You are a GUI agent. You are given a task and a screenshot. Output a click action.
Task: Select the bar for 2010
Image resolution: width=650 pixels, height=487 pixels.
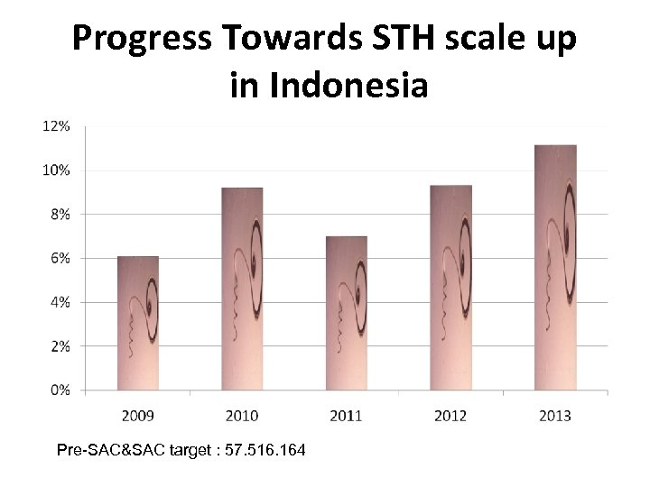coord(242,289)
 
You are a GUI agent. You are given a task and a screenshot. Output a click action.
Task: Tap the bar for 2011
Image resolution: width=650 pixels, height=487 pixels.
coord(347,313)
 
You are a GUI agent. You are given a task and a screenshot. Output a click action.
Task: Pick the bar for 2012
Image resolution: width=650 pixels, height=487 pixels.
coord(450,288)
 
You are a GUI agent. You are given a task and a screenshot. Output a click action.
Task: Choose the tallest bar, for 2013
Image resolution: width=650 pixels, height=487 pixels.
coord(555,267)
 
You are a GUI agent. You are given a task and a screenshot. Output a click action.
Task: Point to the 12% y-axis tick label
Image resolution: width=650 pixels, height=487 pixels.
coord(56,126)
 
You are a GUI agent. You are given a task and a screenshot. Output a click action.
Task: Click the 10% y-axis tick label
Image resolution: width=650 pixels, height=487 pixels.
coord(56,170)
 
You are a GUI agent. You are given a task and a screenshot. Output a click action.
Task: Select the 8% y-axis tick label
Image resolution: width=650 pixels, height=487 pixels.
coord(59,215)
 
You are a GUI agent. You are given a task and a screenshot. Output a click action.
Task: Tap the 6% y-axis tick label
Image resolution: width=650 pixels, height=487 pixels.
coord(59,258)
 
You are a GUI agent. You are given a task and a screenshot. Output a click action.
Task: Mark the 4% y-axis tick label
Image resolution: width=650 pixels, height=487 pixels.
coord(59,302)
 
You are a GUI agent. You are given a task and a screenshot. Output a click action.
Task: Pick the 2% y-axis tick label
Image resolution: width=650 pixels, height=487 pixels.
coord(59,345)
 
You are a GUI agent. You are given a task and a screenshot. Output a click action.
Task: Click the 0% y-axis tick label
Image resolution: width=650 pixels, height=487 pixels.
coord(59,390)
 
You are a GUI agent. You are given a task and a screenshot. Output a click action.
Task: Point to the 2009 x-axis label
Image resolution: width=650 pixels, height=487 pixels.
coord(138,415)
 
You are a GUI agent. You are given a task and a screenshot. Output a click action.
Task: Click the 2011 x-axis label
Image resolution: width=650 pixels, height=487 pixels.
coord(347,415)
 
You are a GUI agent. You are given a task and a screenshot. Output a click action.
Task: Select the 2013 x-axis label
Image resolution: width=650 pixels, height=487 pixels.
coord(555,415)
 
